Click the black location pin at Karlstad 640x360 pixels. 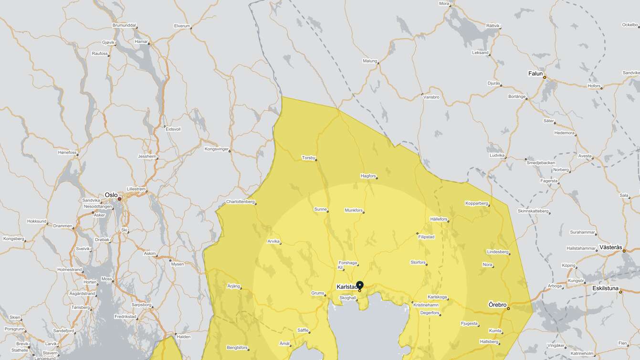click(360, 285)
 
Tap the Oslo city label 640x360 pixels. click(111, 195)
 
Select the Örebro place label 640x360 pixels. click(497, 305)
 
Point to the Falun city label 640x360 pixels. click(535, 74)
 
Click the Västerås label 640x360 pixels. click(611, 247)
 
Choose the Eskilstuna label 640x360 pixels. click(605, 288)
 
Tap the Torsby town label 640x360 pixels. click(308, 158)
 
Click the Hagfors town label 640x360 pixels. click(368, 176)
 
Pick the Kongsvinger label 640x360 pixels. click(217, 149)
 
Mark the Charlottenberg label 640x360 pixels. click(240, 201)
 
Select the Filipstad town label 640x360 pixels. click(426, 237)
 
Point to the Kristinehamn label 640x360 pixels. click(426, 305)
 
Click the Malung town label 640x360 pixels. click(370, 61)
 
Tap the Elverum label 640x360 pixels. click(182, 25)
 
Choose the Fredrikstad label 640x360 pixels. click(126, 317)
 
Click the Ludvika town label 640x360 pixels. click(497, 155)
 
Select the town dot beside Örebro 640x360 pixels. click(508, 308)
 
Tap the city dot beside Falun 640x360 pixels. click(545, 77)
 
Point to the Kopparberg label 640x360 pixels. click(477, 203)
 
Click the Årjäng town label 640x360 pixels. click(233, 286)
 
